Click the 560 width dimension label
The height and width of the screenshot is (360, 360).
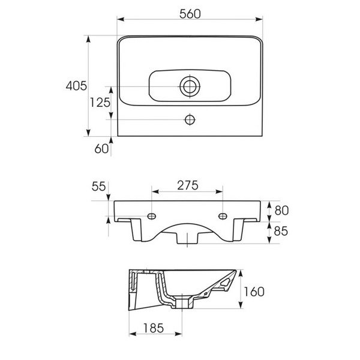click(190, 14)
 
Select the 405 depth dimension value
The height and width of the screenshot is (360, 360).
click(76, 86)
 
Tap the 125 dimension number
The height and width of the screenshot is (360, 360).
click(100, 103)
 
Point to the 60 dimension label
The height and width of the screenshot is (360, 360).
click(101, 149)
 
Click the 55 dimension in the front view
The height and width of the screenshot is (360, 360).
click(98, 186)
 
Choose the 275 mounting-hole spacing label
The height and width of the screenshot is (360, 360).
click(188, 185)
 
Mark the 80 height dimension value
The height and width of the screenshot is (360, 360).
click(281, 211)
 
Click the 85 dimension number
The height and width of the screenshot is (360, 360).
click(281, 231)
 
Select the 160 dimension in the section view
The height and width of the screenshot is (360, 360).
click(254, 292)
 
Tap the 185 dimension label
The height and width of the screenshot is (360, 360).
click(154, 328)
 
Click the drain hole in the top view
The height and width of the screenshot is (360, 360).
click(190, 86)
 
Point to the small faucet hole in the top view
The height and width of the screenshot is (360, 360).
click(190, 119)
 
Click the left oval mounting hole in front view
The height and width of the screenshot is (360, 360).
click(152, 216)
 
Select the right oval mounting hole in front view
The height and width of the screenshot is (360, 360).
click(223, 216)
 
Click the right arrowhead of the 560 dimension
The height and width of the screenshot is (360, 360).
click(259, 19)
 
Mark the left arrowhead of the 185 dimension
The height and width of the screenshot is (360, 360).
click(133, 334)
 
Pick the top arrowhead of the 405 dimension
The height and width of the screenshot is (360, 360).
click(88, 39)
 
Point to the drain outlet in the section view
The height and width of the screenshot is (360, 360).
click(182, 302)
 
